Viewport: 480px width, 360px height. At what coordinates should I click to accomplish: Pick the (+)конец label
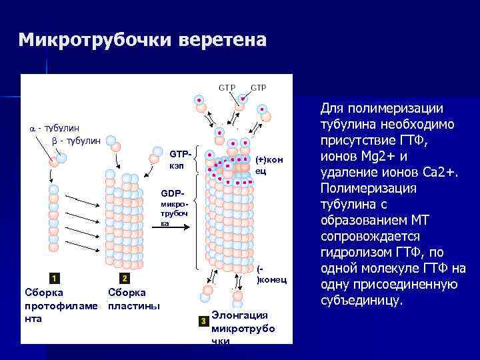[x=267, y=166]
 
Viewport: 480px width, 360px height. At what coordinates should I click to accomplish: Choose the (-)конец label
[x=270, y=275]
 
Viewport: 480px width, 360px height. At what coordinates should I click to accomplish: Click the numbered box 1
[x=53, y=277]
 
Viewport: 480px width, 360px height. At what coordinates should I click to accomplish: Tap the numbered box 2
[x=124, y=277]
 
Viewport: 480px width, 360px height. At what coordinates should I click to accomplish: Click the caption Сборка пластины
[x=132, y=299]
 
